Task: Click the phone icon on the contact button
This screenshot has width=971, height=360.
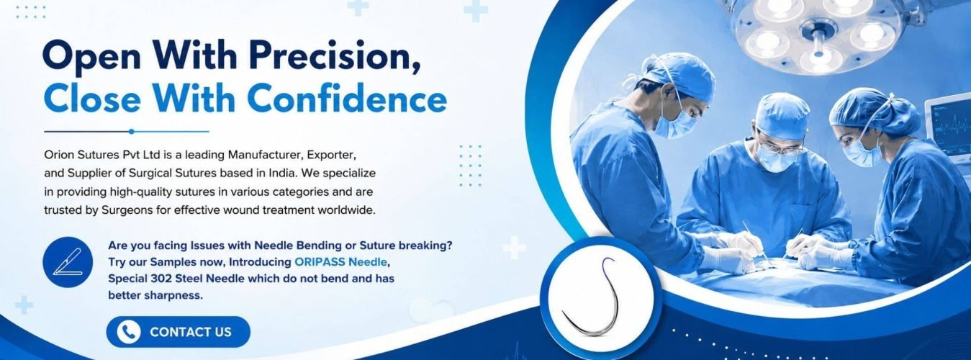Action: pos(128,332)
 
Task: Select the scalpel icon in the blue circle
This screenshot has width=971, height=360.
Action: pos(67,261)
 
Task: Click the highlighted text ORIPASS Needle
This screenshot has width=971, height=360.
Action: pos(340,262)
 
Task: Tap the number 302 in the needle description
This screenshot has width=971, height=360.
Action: pos(161,279)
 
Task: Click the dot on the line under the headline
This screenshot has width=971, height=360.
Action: pos(131,132)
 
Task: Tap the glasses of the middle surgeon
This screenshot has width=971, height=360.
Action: pos(780,148)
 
